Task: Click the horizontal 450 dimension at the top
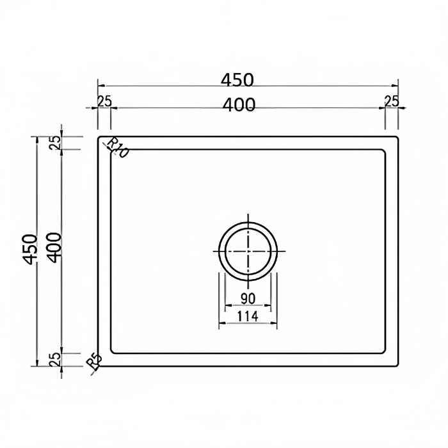point(237,79)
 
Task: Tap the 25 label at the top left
point(104,100)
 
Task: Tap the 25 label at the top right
point(392,100)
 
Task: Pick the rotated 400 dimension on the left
point(54,251)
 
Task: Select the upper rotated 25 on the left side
point(56,143)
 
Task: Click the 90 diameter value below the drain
point(248,298)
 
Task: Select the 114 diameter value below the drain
point(248,315)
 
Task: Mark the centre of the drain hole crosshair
point(248,251)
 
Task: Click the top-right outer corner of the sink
point(399,136)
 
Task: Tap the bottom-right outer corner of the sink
point(399,366)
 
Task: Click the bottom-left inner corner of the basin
point(111,353)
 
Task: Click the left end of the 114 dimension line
point(220,324)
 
